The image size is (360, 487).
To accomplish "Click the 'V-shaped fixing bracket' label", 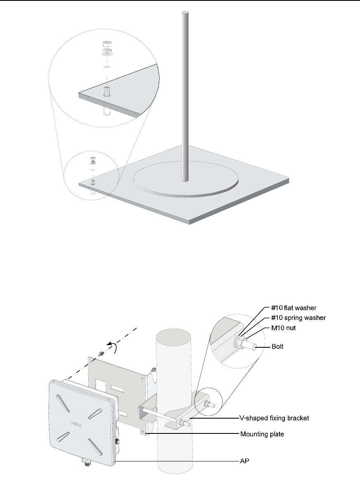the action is (274, 418).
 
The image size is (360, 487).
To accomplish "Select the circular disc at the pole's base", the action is (186, 180).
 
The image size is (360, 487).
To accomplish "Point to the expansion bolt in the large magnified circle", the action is (107, 91).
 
